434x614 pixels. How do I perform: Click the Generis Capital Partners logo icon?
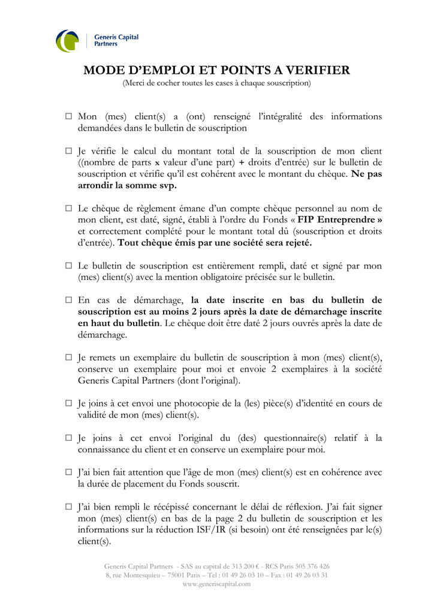67,41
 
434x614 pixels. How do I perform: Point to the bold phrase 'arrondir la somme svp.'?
127,185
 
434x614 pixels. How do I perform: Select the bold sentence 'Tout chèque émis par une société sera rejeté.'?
215,243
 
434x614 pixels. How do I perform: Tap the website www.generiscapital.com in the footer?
216,584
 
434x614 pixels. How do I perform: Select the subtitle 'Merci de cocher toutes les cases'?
216,83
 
